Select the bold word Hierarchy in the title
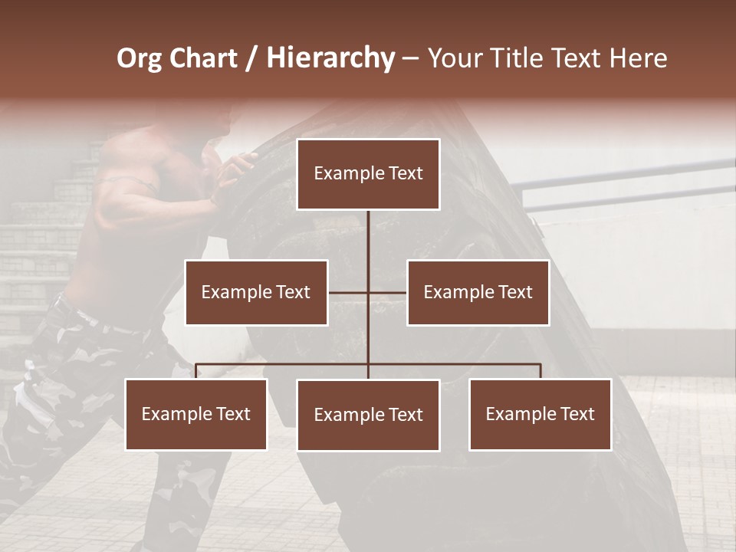coord(330,58)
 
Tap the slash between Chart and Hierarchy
coord(251,59)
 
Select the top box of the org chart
coord(368,174)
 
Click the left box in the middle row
coord(256,292)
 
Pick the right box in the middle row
coord(478,292)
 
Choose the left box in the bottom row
coord(196,415)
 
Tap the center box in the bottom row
coord(368,416)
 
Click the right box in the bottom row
coord(540,415)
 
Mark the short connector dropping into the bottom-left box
coord(196,371)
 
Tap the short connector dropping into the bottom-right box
coord(540,371)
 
